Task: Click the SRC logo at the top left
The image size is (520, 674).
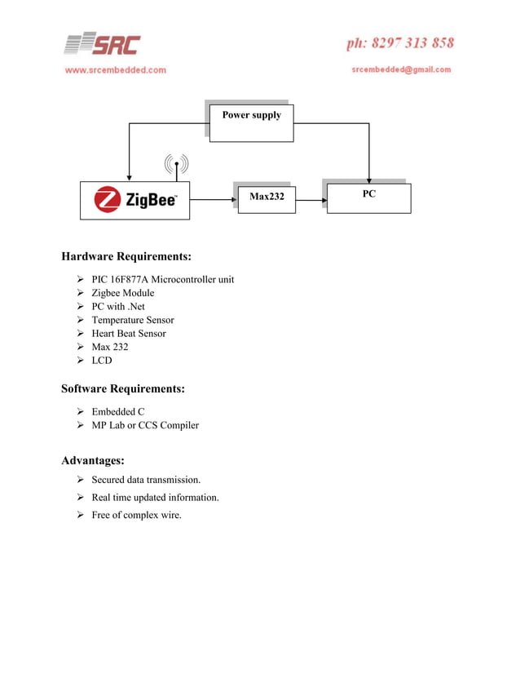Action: pos(103,44)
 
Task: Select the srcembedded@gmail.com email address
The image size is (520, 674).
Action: pos(401,69)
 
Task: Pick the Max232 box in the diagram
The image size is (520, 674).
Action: pos(267,197)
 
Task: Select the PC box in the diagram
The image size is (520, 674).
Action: pos(368,196)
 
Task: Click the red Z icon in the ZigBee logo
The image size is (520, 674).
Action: pos(108,200)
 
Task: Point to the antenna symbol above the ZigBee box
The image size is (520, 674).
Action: pos(176,166)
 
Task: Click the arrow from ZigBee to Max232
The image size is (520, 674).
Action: pos(213,198)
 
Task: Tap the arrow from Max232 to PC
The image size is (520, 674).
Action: pos(311,198)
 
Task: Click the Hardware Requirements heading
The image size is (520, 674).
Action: pos(126,257)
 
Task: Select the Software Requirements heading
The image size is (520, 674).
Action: pos(123,389)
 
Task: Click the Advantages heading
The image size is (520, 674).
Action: pos(93,461)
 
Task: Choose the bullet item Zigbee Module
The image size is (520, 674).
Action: pos(122,293)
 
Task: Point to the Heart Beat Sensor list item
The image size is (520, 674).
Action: pos(128,333)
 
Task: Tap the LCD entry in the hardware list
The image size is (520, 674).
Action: pos(101,360)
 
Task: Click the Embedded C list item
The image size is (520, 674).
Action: pos(117,411)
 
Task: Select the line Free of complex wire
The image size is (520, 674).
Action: pos(136,515)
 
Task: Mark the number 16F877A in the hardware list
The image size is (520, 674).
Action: pos(129,279)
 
